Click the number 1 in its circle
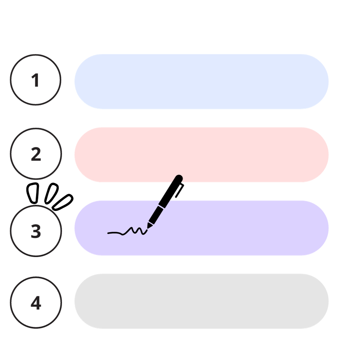pos(35,80)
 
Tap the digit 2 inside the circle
pos(36,154)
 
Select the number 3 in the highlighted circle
pos(36,231)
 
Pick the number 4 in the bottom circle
pos(36,303)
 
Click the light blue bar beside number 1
pos(202,82)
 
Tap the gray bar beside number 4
pos(202,301)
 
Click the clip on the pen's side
pos(180,190)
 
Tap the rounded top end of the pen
pos(179,178)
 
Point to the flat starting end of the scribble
pos(109,233)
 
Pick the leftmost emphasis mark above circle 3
pos(33,193)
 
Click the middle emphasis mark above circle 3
pos(51,194)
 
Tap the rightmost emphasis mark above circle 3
pos(63,202)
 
